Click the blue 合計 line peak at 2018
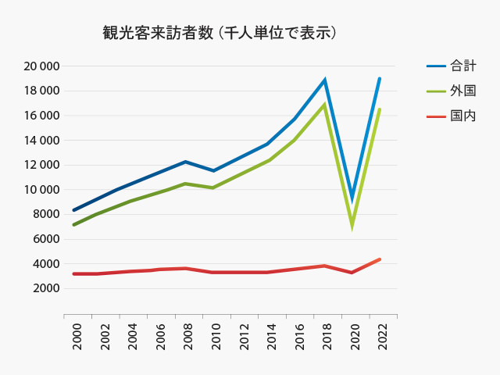(x=324, y=80)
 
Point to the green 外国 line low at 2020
(x=352, y=225)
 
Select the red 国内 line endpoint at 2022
(x=380, y=259)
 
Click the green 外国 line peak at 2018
(x=324, y=105)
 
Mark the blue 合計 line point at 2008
(x=185, y=162)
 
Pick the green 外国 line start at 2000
(x=74, y=225)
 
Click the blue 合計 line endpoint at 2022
(x=380, y=79)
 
